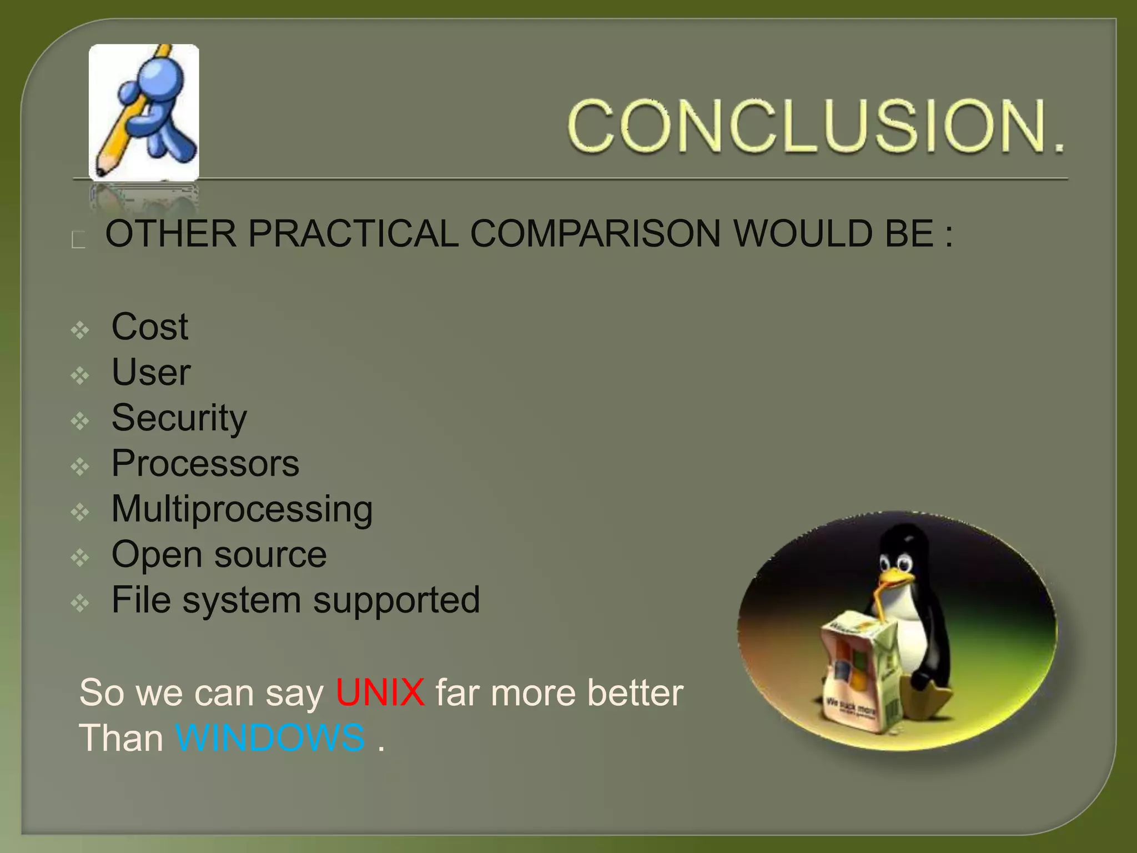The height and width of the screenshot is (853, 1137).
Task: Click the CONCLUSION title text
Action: click(x=816, y=126)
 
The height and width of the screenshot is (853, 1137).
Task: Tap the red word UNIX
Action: click(x=380, y=693)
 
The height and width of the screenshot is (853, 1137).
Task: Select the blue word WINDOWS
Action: click(x=270, y=738)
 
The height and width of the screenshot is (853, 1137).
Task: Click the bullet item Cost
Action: click(x=149, y=327)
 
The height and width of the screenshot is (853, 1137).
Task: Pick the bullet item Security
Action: click(x=179, y=418)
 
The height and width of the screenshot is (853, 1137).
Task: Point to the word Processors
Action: click(x=205, y=463)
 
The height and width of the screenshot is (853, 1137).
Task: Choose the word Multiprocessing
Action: click(x=242, y=509)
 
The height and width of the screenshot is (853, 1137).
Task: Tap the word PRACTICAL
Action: click(x=353, y=233)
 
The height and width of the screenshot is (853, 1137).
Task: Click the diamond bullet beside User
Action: click(x=81, y=377)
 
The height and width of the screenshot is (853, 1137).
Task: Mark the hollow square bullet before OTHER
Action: click(x=78, y=240)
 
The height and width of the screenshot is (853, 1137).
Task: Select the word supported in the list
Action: click(x=396, y=600)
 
